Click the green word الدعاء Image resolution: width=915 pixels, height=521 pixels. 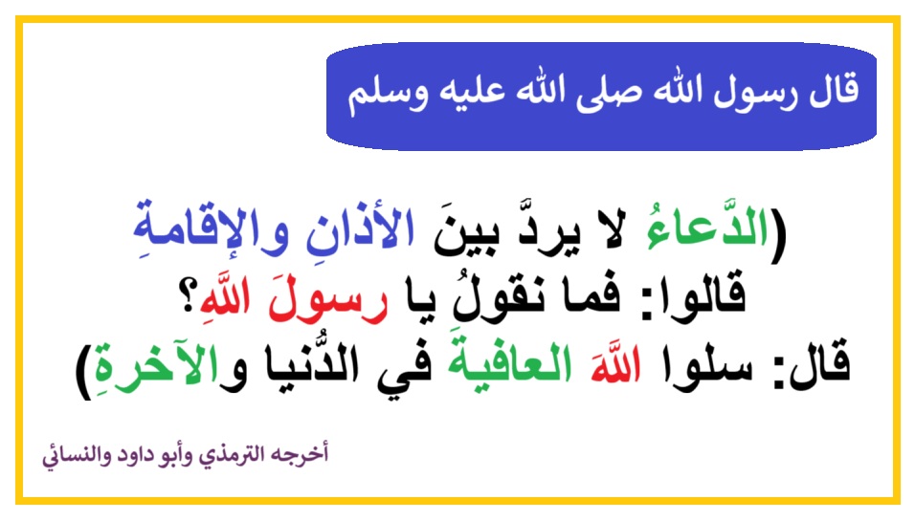[x=706, y=228]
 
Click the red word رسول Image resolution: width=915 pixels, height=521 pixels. [x=327, y=301]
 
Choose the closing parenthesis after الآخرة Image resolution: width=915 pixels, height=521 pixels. [x=84, y=372]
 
